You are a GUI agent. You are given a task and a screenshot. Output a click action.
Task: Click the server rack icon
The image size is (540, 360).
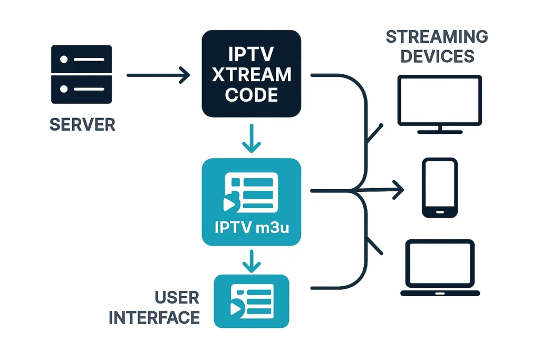click(x=81, y=74)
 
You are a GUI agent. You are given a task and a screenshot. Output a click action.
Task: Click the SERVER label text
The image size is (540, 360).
click(x=82, y=124)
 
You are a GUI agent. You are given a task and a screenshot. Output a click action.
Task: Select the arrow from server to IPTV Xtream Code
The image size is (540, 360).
click(x=158, y=75)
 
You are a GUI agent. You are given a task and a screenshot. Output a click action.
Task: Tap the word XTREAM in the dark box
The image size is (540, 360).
click(x=251, y=74)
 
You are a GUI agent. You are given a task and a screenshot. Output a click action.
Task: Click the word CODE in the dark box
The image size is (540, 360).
click(x=251, y=94)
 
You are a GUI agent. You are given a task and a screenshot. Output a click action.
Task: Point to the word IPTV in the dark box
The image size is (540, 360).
click(x=251, y=54)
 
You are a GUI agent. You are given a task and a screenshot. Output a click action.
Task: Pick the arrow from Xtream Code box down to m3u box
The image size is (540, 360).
click(x=252, y=138)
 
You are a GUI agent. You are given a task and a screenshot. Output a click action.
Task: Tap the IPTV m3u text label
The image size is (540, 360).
click(x=251, y=229)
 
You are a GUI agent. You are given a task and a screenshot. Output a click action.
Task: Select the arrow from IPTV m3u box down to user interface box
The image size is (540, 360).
click(x=252, y=260)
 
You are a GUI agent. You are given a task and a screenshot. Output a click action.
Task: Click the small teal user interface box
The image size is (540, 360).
click(x=252, y=301)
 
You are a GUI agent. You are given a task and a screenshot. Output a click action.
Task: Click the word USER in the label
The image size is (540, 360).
click(x=177, y=298)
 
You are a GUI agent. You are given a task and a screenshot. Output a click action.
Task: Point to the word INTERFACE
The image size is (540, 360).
click(x=154, y=317)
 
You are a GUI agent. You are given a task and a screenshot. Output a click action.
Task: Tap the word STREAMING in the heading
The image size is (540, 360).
click(x=437, y=37)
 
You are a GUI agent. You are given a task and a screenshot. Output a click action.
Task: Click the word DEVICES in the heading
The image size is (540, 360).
click(x=437, y=56)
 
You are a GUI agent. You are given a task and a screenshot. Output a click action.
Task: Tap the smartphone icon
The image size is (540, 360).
click(x=440, y=188)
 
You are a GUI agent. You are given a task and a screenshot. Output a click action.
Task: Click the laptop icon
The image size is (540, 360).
click(x=440, y=268)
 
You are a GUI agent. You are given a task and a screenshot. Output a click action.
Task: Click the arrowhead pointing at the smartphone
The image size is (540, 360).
click(x=399, y=189)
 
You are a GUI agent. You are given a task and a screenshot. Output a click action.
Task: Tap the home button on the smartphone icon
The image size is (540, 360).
click(x=440, y=211)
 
